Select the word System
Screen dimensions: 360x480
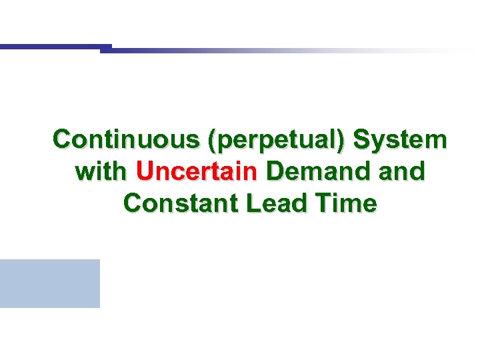(401, 140)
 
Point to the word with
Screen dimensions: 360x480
(102, 171)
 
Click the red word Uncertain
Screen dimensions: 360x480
(197, 171)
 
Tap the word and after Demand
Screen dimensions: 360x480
(400, 171)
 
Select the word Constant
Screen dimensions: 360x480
(181, 203)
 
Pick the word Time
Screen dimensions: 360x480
(347, 203)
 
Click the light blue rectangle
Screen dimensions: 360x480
(50, 283)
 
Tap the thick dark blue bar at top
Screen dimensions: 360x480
(53, 47)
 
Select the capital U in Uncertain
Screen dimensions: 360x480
(145, 171)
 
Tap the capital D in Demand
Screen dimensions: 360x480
(274, 171)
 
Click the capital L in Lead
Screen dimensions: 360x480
(253, 203)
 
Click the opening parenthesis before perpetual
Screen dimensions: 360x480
(212, 141)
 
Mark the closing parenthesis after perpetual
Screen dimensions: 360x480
(343, 141)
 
